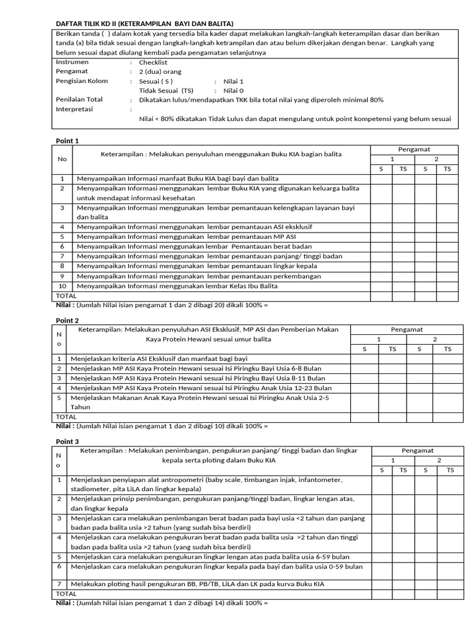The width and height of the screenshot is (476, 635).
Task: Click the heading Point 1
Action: [68, 141]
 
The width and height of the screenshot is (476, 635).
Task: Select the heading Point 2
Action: [68, 321]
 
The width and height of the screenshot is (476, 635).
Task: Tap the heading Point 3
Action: [68, 442]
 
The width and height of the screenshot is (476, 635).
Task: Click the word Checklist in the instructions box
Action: [153, 63]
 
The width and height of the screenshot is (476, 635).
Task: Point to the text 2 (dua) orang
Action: [160, 72]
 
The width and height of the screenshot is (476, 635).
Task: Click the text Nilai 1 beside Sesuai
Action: [234, 81]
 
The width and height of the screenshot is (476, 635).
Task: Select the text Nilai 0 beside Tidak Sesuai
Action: [234, 91]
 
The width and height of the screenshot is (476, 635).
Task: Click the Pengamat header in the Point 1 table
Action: [415, 149]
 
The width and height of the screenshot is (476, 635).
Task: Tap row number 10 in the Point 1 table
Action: [62, 286]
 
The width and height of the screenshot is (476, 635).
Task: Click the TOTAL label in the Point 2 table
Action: [66, 417]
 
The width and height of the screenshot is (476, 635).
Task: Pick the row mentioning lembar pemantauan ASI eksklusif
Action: [195, 227]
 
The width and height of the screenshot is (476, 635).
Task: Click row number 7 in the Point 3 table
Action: [59, 584]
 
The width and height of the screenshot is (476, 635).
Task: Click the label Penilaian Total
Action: [79, 99]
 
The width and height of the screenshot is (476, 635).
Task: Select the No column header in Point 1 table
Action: [62, 159]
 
